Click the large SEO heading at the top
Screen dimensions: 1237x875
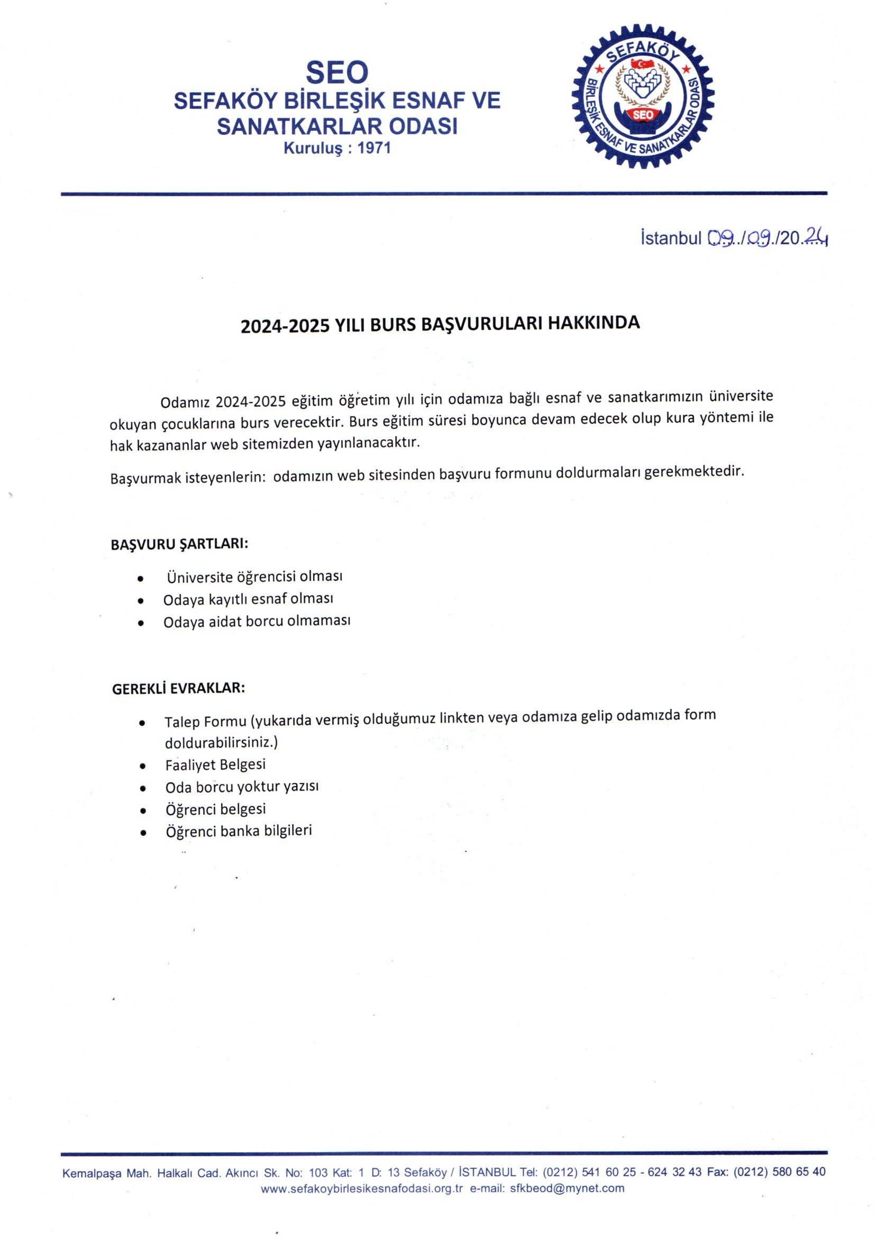(337, 71)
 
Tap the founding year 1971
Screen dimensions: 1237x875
(374, 148)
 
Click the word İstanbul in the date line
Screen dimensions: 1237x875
(671, 238)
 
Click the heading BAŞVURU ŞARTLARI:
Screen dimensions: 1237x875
(179, 543)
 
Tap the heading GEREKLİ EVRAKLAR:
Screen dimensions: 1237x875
(178, 688)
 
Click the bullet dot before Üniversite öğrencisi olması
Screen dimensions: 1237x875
(141, 579)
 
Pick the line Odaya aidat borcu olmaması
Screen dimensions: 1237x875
(257, 621)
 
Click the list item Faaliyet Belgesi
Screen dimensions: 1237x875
(215, 765)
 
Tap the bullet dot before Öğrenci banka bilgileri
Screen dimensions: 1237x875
(143, 833)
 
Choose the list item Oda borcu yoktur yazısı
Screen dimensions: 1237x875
(242, 787)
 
